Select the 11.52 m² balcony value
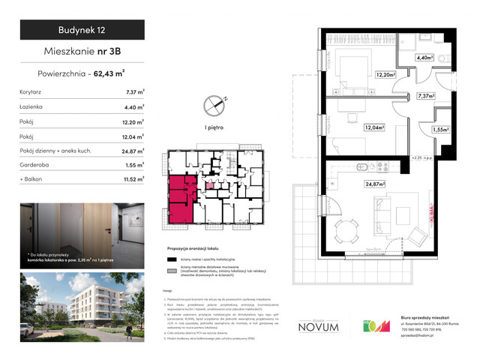click(x=134, y=180)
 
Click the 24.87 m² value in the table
click(x=134, y=151)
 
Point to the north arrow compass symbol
click(x=215, y=103)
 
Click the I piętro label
click(x=215, y=128)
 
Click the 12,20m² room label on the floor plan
click(x=364, y=74)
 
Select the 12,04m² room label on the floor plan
click(x=374, y=128)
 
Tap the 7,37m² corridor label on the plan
click(x=426, y=96)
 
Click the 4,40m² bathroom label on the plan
click(x=426, y=57)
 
